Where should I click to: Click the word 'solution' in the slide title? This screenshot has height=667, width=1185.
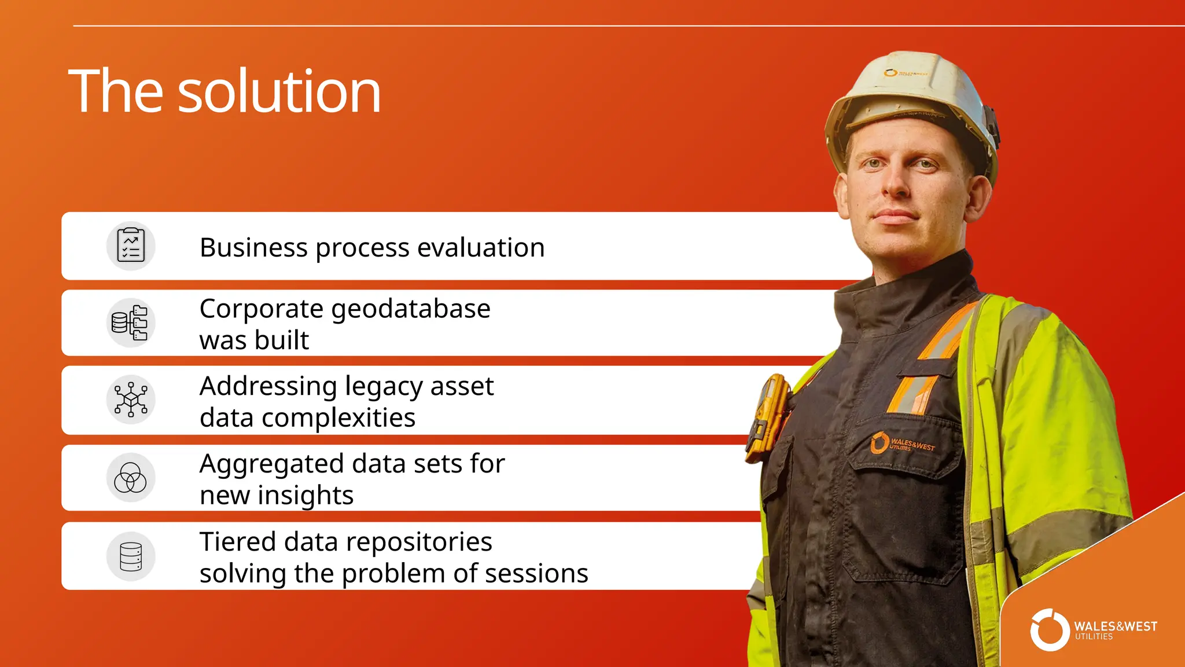tap(279, 91)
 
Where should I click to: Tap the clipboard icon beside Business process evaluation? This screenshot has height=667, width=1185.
tap(131, 246)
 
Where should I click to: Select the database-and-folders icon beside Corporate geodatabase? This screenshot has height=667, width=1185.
tap(130, 323)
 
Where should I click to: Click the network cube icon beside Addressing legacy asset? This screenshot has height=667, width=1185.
tap(131, 400)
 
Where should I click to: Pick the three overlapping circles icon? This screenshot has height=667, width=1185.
tap(131, 478)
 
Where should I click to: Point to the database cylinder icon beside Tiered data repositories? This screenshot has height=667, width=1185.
tap(131, 556)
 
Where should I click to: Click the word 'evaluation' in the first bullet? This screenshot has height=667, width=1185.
tap(481, 248)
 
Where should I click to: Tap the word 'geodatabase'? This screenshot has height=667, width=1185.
tap(411, 309)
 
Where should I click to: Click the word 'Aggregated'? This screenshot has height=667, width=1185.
tap(272, 464)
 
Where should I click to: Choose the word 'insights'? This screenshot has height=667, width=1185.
tap(306, 496)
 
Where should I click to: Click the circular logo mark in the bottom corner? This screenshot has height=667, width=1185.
tap(1050, 630)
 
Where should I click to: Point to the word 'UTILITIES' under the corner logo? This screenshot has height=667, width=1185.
tap(1094, 637)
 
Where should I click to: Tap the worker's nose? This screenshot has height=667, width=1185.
tap(897, 182)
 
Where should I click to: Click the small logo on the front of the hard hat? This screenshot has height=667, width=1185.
tap(904, 73)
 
